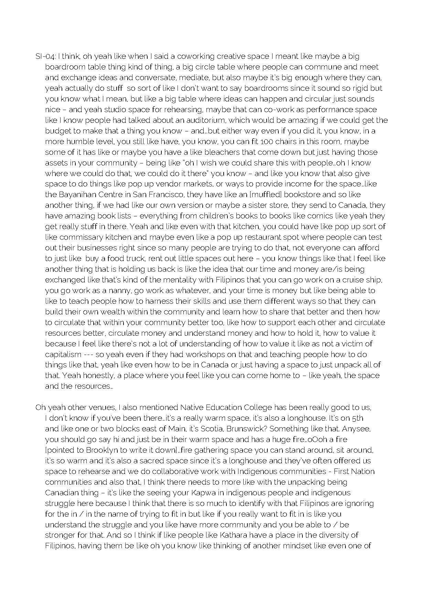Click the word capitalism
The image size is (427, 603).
[63, 355]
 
